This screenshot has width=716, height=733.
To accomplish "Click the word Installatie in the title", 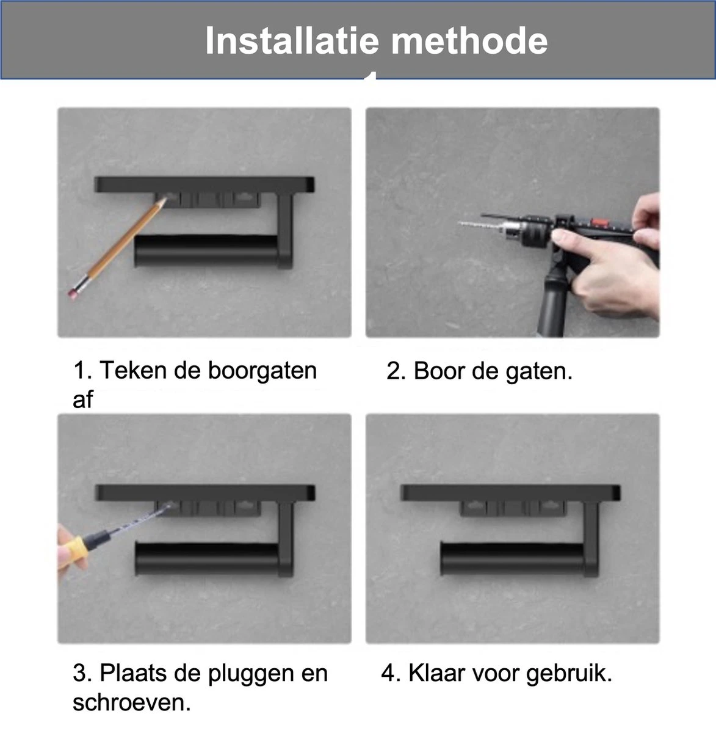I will [293, 41].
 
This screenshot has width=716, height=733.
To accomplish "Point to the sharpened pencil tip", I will [163, 202].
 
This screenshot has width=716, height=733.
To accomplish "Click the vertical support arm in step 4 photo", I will [593, 538].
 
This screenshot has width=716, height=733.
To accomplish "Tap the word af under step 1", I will [82, 399].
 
